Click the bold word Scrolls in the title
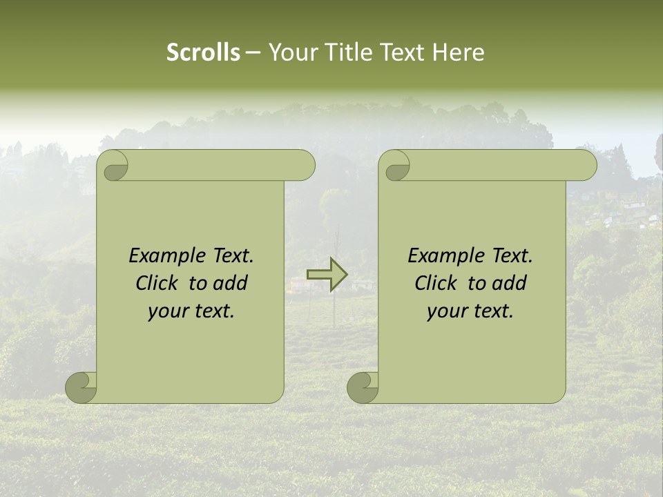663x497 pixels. click(x=203, y=52)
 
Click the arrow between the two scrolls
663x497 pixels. click(x=327, y=275)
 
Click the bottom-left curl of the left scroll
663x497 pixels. click(x=81, y=387)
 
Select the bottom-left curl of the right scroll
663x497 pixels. click(x=363, y=387)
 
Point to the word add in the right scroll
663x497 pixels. click(x=509, y=283)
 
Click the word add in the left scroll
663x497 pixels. click(x=230, y=283)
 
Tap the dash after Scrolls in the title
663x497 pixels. click(x=253, y=52)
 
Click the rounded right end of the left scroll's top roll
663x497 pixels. click(x=305, y=166)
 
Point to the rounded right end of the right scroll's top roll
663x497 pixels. click(x=586, y=166)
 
